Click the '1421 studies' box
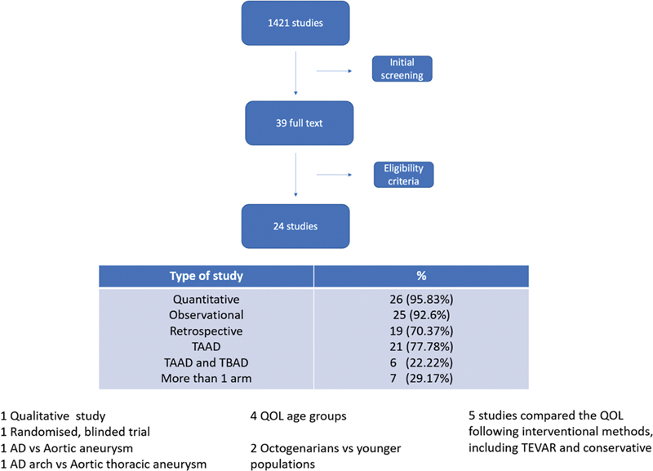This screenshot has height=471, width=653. tap(295, 23)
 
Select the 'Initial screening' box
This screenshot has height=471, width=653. tap(402, 69)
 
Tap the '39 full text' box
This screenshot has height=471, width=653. tap(299, 122)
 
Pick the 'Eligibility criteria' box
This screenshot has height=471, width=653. tap(403, 175)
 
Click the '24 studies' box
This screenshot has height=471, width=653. tap(295, 226)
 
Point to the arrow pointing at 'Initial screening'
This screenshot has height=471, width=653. tap(334, 71)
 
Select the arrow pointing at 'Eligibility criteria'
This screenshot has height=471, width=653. tap(334, 175)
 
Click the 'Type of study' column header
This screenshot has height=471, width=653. tap(207, 276)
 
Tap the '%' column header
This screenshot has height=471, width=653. tap(421, 276)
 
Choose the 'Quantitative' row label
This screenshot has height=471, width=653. tap(207, 300)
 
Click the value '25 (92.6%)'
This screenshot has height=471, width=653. tap(421, 315)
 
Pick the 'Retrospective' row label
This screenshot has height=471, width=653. tap(207, 331)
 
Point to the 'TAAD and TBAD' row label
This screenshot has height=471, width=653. tap(207, 362)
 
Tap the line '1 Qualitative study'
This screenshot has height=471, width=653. tap(53, 416)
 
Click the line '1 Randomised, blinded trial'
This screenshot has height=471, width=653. tap(75, 432)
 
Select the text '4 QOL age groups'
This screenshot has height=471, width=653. tap(298, 416)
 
